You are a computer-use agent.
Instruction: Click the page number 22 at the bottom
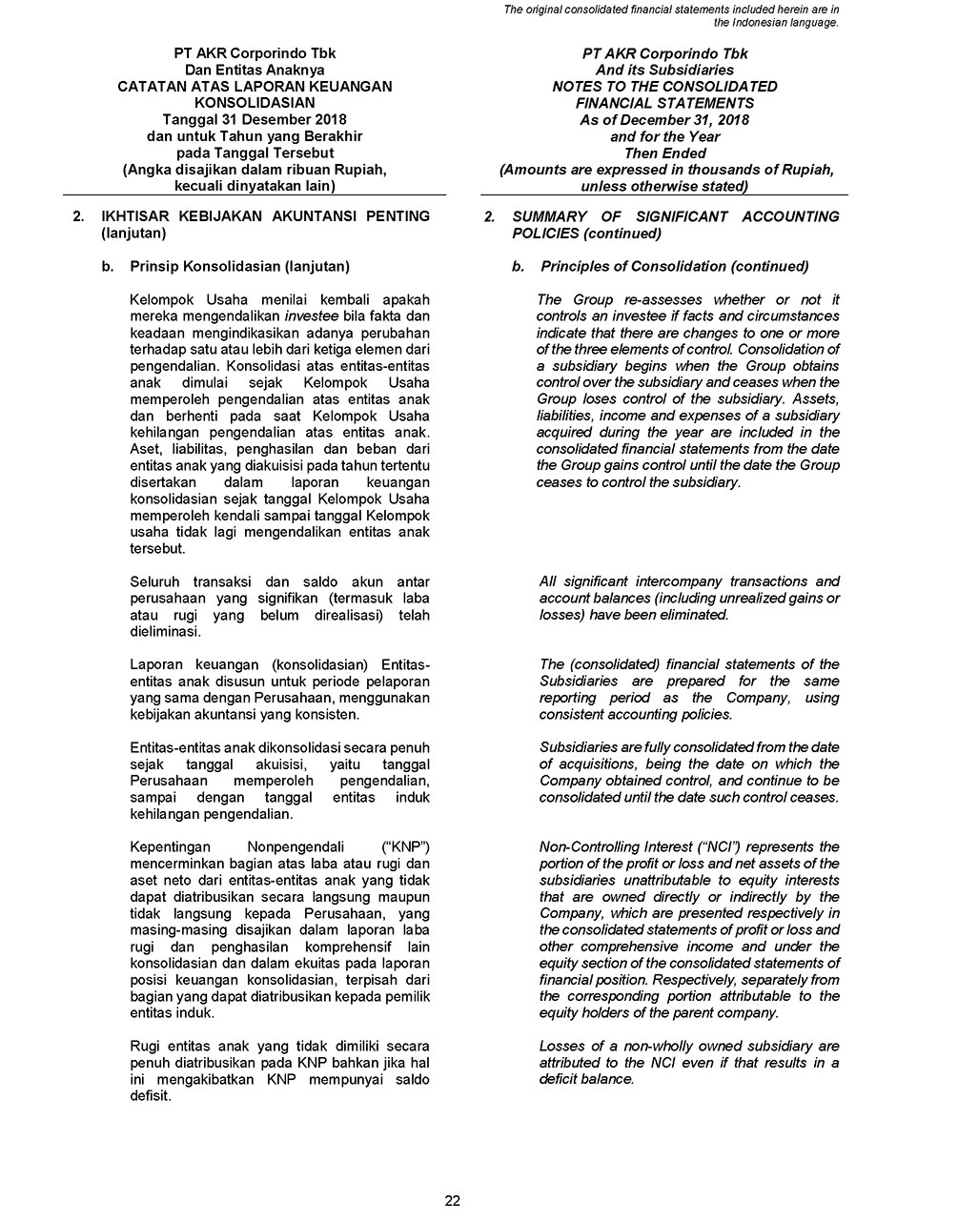click(453, 1201)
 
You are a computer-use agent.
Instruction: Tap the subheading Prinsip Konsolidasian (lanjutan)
click(239, 266)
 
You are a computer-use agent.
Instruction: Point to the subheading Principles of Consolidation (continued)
click(674, 266)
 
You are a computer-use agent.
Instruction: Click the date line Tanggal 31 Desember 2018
click(255, 120)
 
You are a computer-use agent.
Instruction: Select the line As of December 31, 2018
click(664, 120)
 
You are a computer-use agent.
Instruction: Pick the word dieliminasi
click(165, 632)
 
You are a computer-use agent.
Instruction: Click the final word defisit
click(150, 1096)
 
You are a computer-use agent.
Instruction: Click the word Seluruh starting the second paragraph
click(156, 581)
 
